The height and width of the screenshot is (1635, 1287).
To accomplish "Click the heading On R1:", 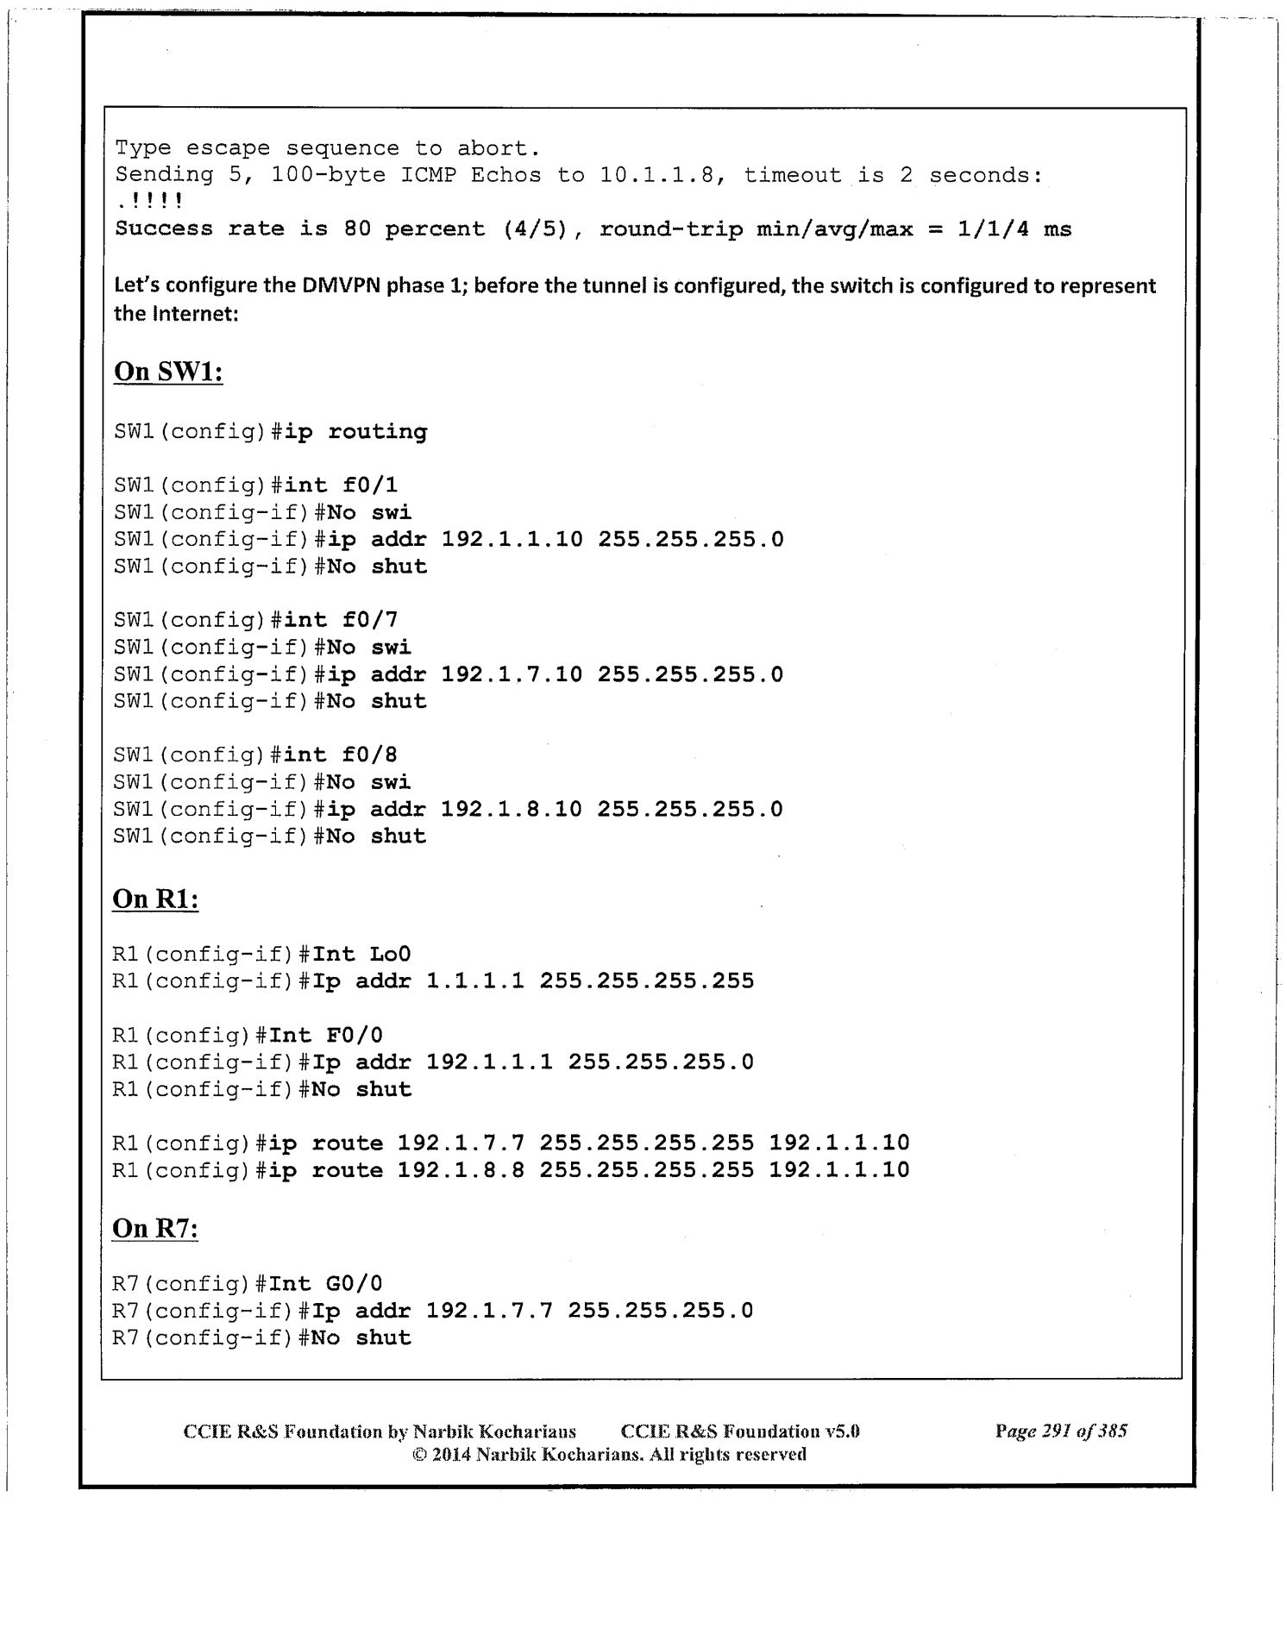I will pyautogui.click(x=155, y=899).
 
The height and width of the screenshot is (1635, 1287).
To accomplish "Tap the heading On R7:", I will pyautogui.click(x=155, y=1228).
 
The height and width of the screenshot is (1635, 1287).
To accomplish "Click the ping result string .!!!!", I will pyautogui.click(x=148, y=202).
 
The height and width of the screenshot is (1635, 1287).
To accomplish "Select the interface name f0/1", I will pyautogui.click(x=370, y=485).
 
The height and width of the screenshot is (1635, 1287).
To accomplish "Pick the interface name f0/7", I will pyautogui.click(x=370, y=620).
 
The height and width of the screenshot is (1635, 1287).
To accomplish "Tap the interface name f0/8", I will pyautogui.click(x=370, y=755).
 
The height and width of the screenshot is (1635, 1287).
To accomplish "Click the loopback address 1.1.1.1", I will pyautogui.click(x=475, y=980).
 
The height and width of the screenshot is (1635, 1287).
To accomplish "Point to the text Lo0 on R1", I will pyautogui.click(x=390, y=954).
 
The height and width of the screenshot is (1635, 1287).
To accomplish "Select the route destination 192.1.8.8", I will pyautogui.click(x=461, y=1170).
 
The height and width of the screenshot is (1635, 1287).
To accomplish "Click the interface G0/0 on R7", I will pyautogui.click(x=355, y=1283).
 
